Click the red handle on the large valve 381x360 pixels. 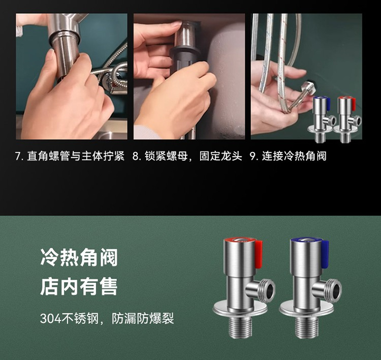(259, 254)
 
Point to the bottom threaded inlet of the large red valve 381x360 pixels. (240, 327)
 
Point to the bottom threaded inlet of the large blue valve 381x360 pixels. (306, 327)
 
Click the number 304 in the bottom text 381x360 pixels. (50, 318)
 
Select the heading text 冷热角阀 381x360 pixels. (79, 257)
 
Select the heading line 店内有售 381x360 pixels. (79, 287)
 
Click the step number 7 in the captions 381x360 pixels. (17, 156)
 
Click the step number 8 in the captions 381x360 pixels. (135, 156)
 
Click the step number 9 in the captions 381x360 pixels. (253, 156)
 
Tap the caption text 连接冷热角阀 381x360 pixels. (294, 156)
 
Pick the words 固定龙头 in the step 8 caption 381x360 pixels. (220, 156)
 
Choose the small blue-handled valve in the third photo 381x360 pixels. (321, 118)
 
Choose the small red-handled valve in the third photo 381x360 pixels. (347, 118)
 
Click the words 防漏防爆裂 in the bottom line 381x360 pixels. (143, 318)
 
